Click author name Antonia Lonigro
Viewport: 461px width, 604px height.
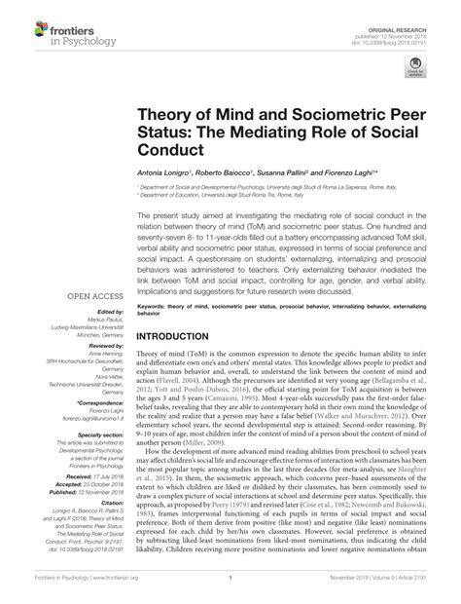[168, 180]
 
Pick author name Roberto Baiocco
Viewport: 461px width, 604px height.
[232, 180]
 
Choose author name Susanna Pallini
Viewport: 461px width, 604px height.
[298, 180]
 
